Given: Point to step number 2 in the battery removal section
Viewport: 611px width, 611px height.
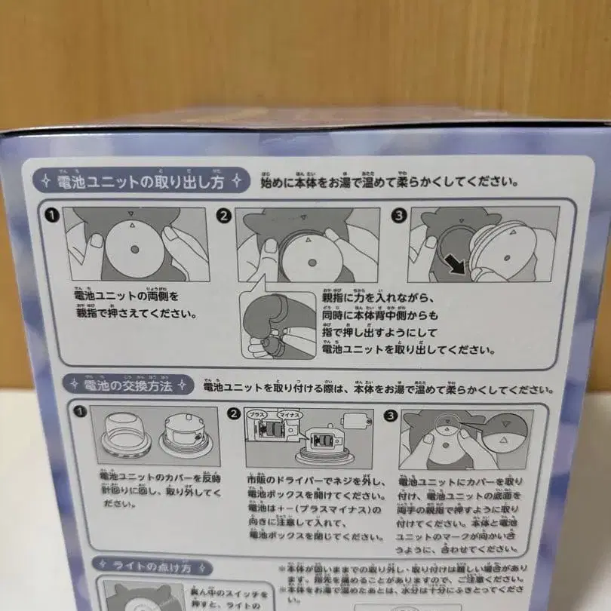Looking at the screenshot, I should [x=223, y=215].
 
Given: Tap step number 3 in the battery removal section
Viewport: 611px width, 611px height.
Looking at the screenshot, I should [x=399, y=215].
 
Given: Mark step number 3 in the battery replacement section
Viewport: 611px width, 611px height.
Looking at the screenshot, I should [x=391, y=415].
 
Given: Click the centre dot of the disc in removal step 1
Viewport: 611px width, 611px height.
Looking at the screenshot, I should [x=134, y=249].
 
